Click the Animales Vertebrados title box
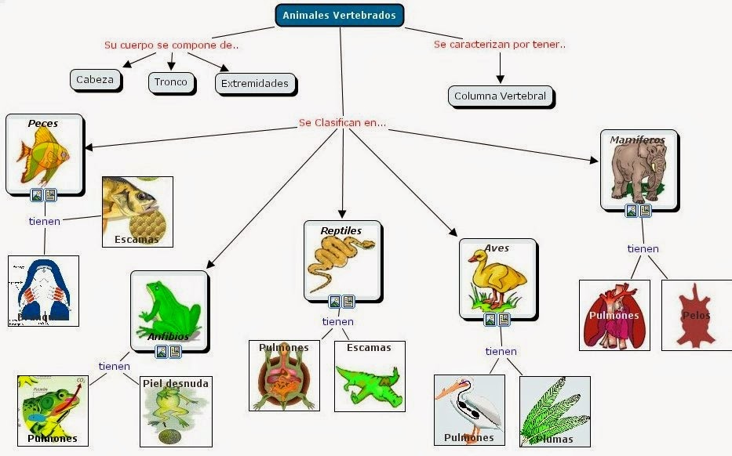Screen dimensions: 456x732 click(x=340, y=15)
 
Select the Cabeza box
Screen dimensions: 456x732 click(x=95, y=79)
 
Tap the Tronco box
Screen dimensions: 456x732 click(x=171, y=82)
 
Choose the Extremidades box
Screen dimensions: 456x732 click(x=254, y=83)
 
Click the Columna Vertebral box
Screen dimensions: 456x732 click(x=501, y=97)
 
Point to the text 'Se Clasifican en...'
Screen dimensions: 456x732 click(x=342, y=123)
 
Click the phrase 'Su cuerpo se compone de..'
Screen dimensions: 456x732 click(x=171, y=45)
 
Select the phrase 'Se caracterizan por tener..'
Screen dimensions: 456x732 click(x=500, y=44)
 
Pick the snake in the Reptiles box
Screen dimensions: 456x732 click(x=341, y=262)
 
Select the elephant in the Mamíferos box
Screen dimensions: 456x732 click(x=638, y=172)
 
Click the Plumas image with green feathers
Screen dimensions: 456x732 click(x=554, y=411)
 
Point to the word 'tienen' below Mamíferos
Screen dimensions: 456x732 click(x=643, y=248)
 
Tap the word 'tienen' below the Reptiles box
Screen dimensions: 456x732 click(x=338, y=321)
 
